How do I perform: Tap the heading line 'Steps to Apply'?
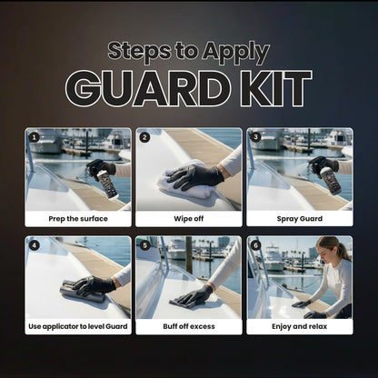point(189,52)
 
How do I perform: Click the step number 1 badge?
point(34,138)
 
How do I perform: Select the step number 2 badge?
point(144,138)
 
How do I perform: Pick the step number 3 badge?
point(255,138)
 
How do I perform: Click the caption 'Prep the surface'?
point(78,218)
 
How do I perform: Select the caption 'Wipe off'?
point(189,218)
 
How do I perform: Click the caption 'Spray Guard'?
point(300,218)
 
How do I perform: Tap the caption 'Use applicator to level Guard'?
point(78,326)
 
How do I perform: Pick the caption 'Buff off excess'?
point(189,326)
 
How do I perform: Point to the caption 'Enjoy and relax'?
point(300,326)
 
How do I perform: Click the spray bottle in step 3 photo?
point(330,178)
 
